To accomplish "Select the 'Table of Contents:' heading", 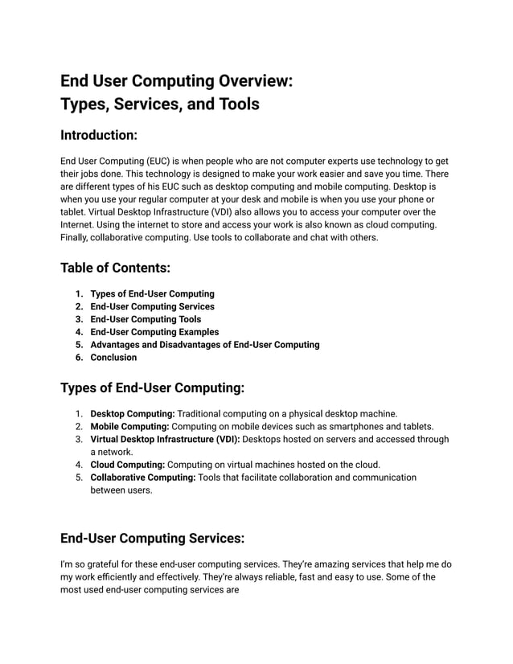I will [x=116, y=267].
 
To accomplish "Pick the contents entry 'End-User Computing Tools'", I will [x=146, y=319].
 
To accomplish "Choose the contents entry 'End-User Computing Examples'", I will [x=154, y=332].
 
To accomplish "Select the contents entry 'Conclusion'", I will [x=113, y=358].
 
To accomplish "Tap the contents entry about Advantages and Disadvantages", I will [x=204, y=345].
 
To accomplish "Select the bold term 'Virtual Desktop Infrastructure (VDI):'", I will [x=165, y=439].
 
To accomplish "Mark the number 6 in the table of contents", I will [x=79, y=358].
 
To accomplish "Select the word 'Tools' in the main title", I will [x=238, y=104].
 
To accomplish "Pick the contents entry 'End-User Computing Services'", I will [x=152, y=306].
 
